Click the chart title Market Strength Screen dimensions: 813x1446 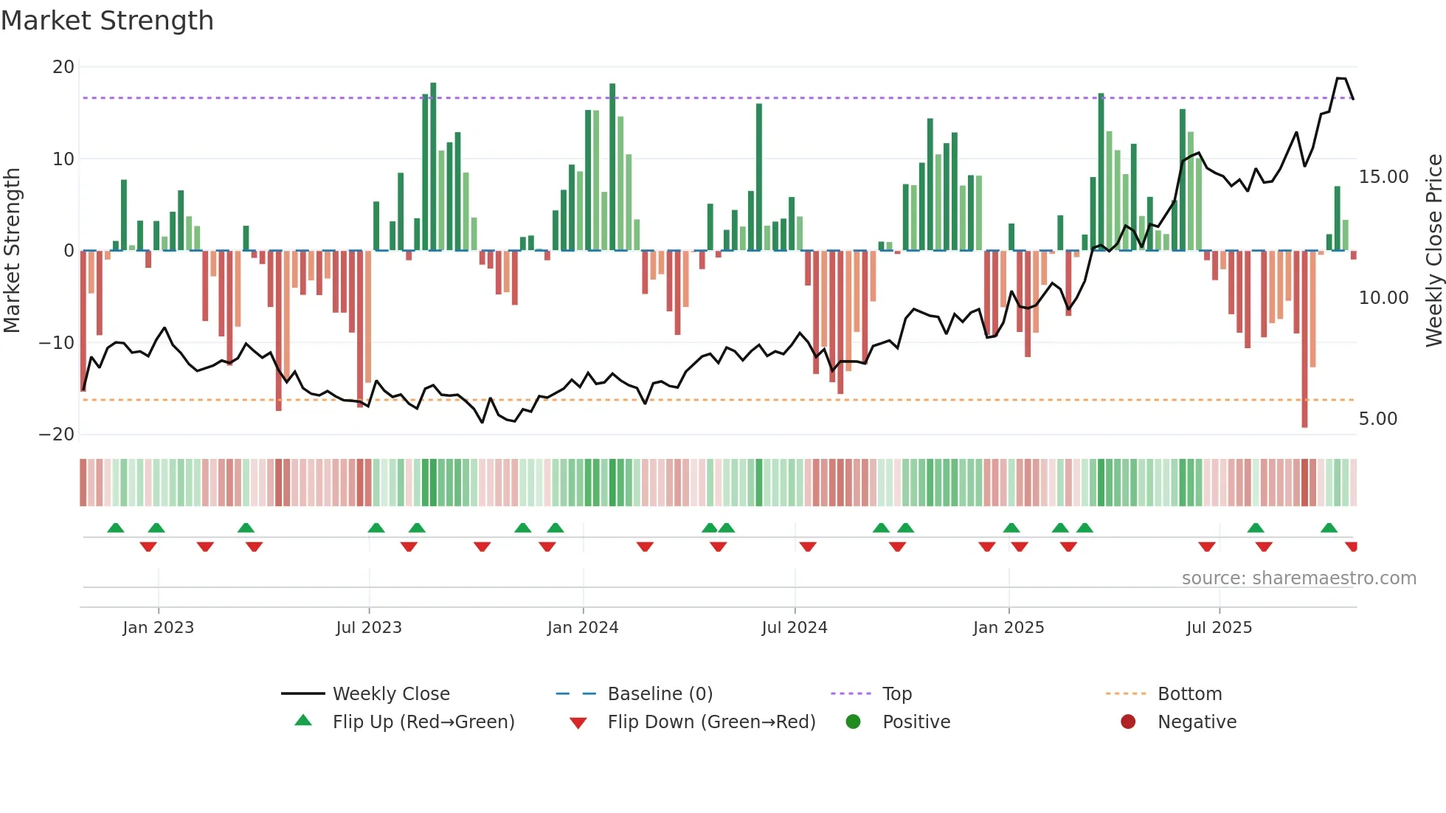coord(107,21)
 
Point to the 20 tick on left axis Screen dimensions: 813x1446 coord(63,67)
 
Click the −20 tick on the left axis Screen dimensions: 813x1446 coord(57,434)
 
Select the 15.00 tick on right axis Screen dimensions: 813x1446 coord(1383,177)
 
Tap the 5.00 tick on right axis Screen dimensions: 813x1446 coord(1377,419)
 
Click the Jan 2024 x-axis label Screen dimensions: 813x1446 coord(582,628)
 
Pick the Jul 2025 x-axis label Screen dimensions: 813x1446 coord(1219,628)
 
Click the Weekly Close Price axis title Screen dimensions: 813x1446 coord(1433,250)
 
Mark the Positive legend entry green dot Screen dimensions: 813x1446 coord(854,722)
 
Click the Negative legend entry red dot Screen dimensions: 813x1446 coord(1128,722)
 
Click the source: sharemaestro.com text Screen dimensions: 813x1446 coord(1298,578)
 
